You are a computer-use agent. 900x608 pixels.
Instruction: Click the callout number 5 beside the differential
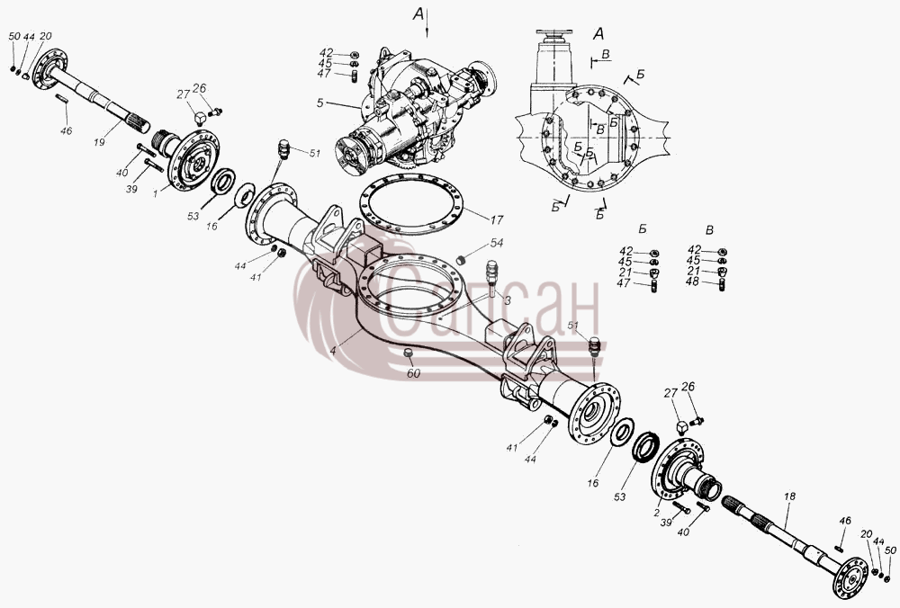pyautogui.click(x=320, y=103)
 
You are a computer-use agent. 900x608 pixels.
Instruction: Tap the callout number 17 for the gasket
pyautogui.click(x=497, y=219)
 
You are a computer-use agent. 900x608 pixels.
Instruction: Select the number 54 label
pyautogui.click(x=497, y=243)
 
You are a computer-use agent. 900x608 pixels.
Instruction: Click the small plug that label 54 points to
pyautogui.click(x=459, y=261)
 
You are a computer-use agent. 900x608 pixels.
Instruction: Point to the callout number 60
pyautogui.click(x=413, y=373)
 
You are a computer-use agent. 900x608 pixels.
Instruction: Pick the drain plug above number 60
pyautogui.click(x=409, y=353)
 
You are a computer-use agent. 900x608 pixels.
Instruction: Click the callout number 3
pyautogui.click(x=508, y=300)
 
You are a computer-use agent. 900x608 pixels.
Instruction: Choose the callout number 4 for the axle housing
pyautogui.click(x=333, y=351)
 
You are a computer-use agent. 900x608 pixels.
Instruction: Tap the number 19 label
pyautogui.click(x=100, y=142)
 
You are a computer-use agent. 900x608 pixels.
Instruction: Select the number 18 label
pyautogui.click(x=790, y=496)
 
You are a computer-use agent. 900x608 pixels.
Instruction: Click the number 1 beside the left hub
pyautogui.click(x=155, y=194)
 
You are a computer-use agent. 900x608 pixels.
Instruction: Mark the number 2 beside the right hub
pyautogui.click(x=657, y=513)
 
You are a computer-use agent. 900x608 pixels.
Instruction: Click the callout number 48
pyautogui.click(x=693, y=282)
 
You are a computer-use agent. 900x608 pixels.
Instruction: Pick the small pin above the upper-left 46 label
pyautogui.click(x=62, y=98)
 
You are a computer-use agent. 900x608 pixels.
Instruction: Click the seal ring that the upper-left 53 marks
pyautogui.click(x=223, y=181)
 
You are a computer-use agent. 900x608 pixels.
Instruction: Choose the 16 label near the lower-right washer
pyautogui.click(x=592, y=482)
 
